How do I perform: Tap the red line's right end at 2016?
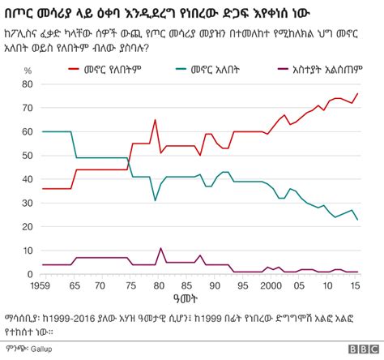point(358,93)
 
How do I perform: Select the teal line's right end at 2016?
point(358,220)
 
